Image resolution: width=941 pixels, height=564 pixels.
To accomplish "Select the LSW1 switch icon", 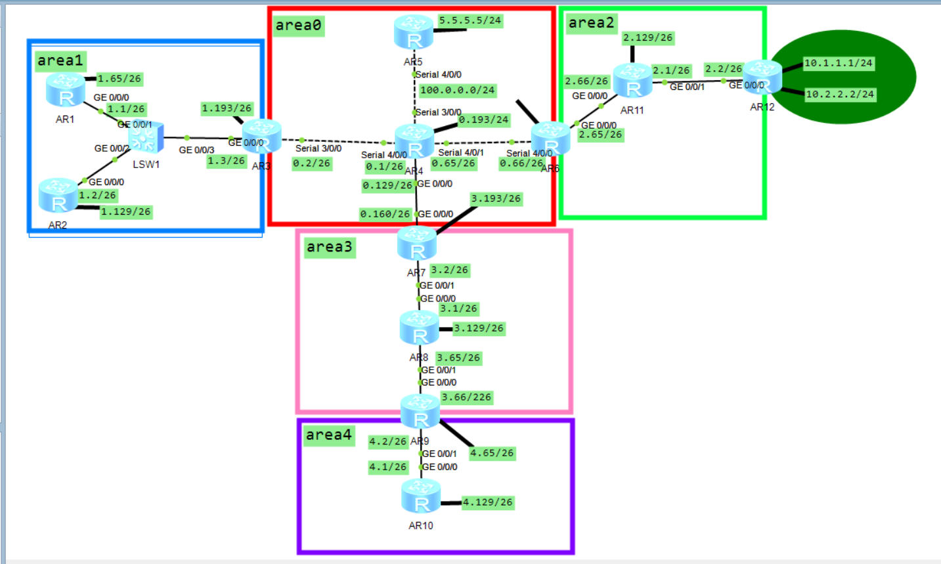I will point(145,138).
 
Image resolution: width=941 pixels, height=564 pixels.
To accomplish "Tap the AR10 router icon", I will point(421,497).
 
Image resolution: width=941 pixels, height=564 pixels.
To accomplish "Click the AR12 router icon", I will point(763,77).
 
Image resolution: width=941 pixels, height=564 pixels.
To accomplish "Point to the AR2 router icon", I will point(58,196).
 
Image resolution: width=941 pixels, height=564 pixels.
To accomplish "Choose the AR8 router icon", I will point(419,328).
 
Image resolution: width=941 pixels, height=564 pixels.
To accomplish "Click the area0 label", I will point(299,26).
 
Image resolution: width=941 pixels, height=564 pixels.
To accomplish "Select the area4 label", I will point(329,435).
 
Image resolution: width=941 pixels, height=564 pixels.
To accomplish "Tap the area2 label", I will point(592,23).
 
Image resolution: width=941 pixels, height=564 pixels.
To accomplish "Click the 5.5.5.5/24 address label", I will point(470,20).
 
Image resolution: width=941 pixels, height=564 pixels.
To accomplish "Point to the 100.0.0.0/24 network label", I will point(458,90).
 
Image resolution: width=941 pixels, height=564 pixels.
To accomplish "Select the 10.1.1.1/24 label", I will point(839,63).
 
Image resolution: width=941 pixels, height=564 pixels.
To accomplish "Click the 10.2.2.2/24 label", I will point(840,94).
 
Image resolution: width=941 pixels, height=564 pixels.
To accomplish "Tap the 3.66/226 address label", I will point(466,397).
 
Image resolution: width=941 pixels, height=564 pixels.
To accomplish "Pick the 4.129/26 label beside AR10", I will point(488,502).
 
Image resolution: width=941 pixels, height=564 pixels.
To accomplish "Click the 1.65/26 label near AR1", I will point(120,79).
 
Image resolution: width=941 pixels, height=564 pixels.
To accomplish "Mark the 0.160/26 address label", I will point(385,214).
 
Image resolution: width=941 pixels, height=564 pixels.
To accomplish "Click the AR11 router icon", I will point(632,81).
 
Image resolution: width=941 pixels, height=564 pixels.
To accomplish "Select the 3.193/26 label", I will point(496,198).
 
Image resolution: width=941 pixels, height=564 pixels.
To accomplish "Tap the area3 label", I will point(330,247).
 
